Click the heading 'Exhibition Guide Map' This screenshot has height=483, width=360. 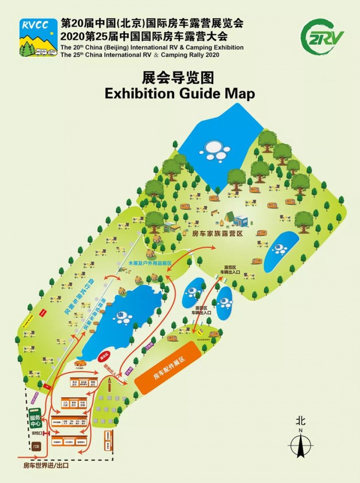coord(180,93)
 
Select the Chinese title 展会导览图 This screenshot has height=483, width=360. coord(179,77)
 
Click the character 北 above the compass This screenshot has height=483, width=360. coord(301,421)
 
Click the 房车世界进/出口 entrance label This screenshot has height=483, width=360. coord(46,466)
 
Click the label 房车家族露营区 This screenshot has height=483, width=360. coord(217,233)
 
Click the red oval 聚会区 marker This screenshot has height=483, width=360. coord(104,356)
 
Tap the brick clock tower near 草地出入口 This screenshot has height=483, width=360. coord(111,387)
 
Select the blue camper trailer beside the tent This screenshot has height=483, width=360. coord(240,220)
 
